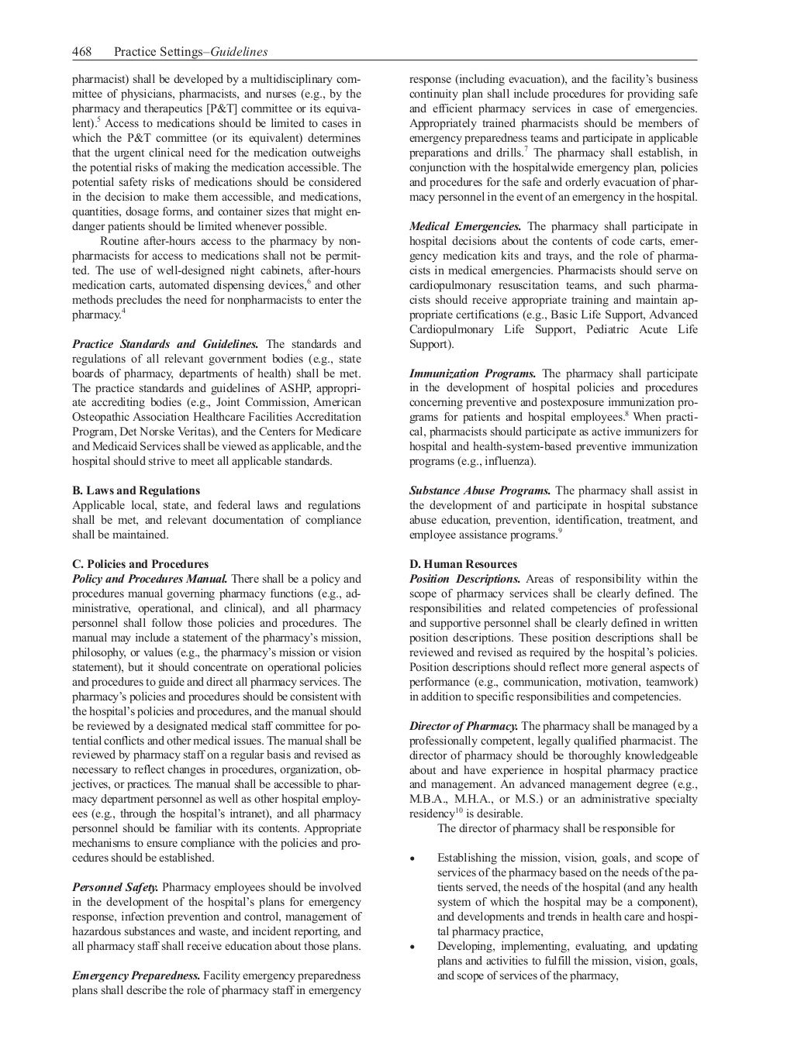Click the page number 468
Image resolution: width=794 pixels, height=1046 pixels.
[81, 52]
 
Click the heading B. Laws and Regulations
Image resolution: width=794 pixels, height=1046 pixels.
[136, 490]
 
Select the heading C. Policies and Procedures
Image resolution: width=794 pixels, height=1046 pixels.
[140, 564]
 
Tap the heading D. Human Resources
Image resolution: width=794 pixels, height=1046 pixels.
[463, 564]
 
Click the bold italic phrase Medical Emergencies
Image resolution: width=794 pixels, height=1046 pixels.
[465, 227]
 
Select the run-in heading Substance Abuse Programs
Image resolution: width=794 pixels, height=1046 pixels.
[480, 490]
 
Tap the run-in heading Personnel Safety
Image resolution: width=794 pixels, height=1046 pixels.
[116, 887]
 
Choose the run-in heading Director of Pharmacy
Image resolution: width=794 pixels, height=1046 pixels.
[464, 726]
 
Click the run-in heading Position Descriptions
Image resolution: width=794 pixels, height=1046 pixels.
[464, 579]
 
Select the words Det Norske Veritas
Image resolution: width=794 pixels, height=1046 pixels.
[161, 432]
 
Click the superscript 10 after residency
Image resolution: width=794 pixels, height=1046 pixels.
[458, 810]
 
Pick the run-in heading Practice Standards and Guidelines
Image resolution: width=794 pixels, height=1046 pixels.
[165, 344]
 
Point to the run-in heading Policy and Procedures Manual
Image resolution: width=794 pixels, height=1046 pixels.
[150, 579]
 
